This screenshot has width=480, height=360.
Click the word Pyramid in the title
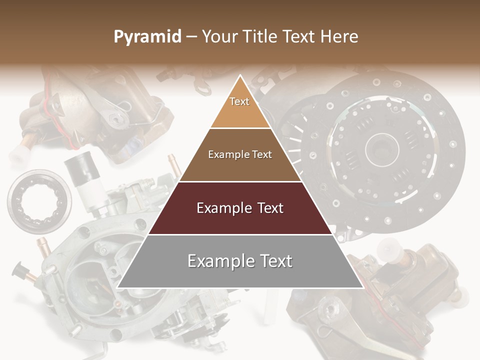point(147,37)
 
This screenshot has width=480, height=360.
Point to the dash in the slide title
point(191,37)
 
